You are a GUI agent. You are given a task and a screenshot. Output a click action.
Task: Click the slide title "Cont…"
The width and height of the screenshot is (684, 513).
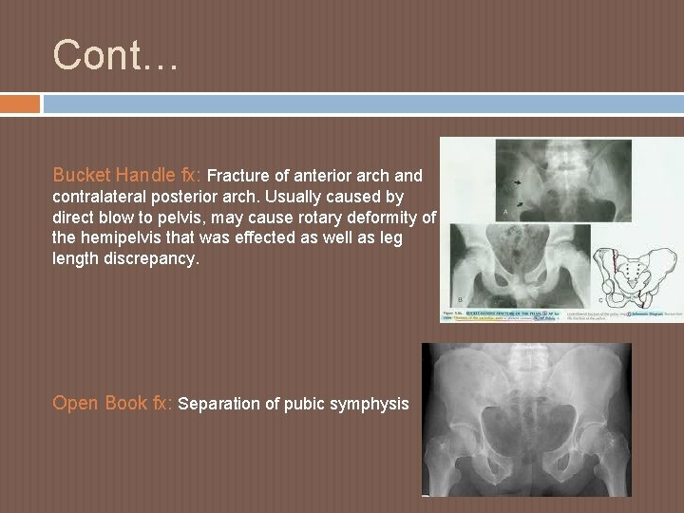tap(115, 55)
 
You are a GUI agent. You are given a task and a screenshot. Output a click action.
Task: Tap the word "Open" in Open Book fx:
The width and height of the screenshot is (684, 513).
tap(75, 403)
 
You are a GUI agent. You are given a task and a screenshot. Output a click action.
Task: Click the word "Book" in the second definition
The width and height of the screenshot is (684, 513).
tap(125, 403)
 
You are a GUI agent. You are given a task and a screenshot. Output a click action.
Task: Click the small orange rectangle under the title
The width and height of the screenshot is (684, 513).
tap(20, 103)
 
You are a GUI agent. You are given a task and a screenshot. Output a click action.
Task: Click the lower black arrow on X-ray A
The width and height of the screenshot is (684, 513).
tap(522, 204)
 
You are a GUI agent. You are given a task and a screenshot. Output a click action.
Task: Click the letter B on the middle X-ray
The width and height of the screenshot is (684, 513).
tap(461, 297)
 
